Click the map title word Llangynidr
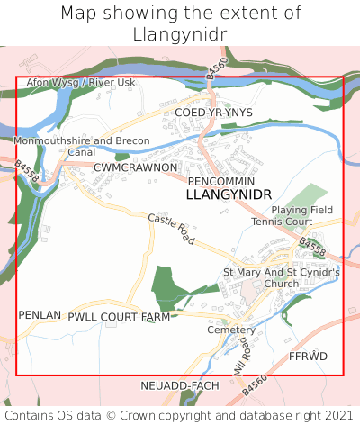coord(180,33)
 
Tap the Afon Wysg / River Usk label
coord(81,83)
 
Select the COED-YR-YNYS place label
coord(214,112)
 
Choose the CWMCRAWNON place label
coord(135,167)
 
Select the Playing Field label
coord(302,210)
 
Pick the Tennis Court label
coord(281,222)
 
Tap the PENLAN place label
coord(40,315)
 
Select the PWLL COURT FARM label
coord(119,317)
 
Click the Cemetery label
coord(231,330)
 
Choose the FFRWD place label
coord(308,357)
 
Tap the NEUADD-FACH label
coord(180,385)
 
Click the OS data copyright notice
coord(180,415)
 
